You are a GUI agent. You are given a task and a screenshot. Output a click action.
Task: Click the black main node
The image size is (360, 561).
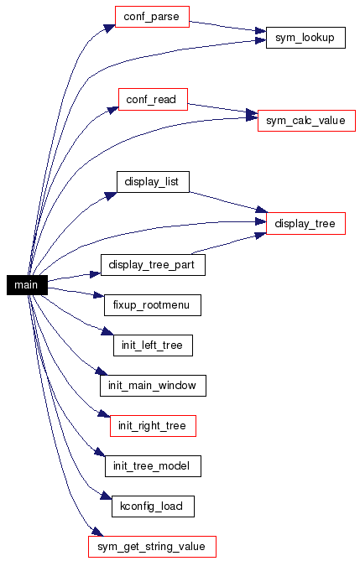(27, 285)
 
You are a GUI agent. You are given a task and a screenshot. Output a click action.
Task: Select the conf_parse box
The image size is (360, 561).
(152, 17)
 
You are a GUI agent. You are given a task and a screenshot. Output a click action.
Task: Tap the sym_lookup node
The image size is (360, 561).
(305, 38)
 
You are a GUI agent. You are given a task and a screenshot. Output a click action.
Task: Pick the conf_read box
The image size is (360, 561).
(153, 100)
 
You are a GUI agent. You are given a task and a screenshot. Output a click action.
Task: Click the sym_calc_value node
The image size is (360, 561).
(306, 121)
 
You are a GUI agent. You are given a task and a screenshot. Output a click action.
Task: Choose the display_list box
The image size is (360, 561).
(153, 182)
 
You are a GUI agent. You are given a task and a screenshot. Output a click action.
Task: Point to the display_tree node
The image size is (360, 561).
(305, 224)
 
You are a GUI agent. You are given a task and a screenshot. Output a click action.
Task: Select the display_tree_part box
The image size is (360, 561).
(153, 265)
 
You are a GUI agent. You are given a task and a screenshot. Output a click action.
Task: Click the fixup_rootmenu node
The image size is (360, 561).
(153, 305)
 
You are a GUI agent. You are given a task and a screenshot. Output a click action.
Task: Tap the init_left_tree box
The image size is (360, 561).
(153, 345)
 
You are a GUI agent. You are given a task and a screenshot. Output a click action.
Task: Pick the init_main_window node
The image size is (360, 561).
(153, 386)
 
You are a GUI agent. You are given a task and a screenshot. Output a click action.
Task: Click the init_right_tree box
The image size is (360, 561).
(153, 426)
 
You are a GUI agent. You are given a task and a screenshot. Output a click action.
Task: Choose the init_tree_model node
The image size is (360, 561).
(153, 466)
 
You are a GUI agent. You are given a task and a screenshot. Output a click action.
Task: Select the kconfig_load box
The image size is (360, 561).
(153, 506)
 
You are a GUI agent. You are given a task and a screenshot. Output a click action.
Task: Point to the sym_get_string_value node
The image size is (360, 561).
(152, 547)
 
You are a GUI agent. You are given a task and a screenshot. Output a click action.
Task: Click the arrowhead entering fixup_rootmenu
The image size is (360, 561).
(98, 295)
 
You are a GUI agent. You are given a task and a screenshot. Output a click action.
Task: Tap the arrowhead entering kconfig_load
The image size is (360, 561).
(106, 496)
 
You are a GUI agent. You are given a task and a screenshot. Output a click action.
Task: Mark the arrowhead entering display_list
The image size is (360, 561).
(111, 196)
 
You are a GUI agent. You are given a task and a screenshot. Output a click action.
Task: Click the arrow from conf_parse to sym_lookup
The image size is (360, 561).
(227, 26)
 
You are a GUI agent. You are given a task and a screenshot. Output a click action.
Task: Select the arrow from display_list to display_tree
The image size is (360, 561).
(228, 202)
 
